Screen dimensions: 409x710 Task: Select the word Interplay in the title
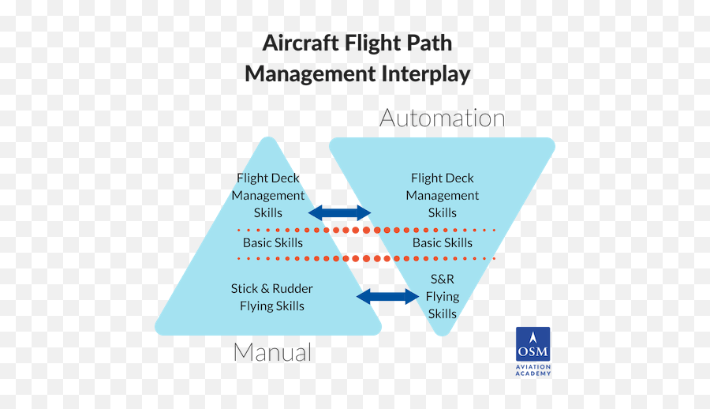tap(426, 74)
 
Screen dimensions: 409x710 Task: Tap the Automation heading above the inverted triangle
tap(442, 118)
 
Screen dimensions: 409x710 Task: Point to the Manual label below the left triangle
tap(272, 352)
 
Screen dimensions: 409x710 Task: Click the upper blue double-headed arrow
tap(339, 212)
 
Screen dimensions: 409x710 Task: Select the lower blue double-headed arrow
tap(387, 297)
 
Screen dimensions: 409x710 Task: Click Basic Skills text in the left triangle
tap(272, 242)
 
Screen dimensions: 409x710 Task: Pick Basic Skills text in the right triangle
tap(442, 242)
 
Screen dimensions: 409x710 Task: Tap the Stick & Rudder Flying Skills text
tap(272, 297)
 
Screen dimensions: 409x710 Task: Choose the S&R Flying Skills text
tap(442, 296)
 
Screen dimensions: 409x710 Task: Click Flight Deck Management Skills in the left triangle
tap(268, 195)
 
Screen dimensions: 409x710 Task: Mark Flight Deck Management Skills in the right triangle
tap(442, 195)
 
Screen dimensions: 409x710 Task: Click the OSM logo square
tap(532, 344)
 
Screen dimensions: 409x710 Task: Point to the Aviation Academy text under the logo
tap(533, 370)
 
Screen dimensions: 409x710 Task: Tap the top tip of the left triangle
tap(268, 141)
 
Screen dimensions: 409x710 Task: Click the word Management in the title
tap(310, 74)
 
